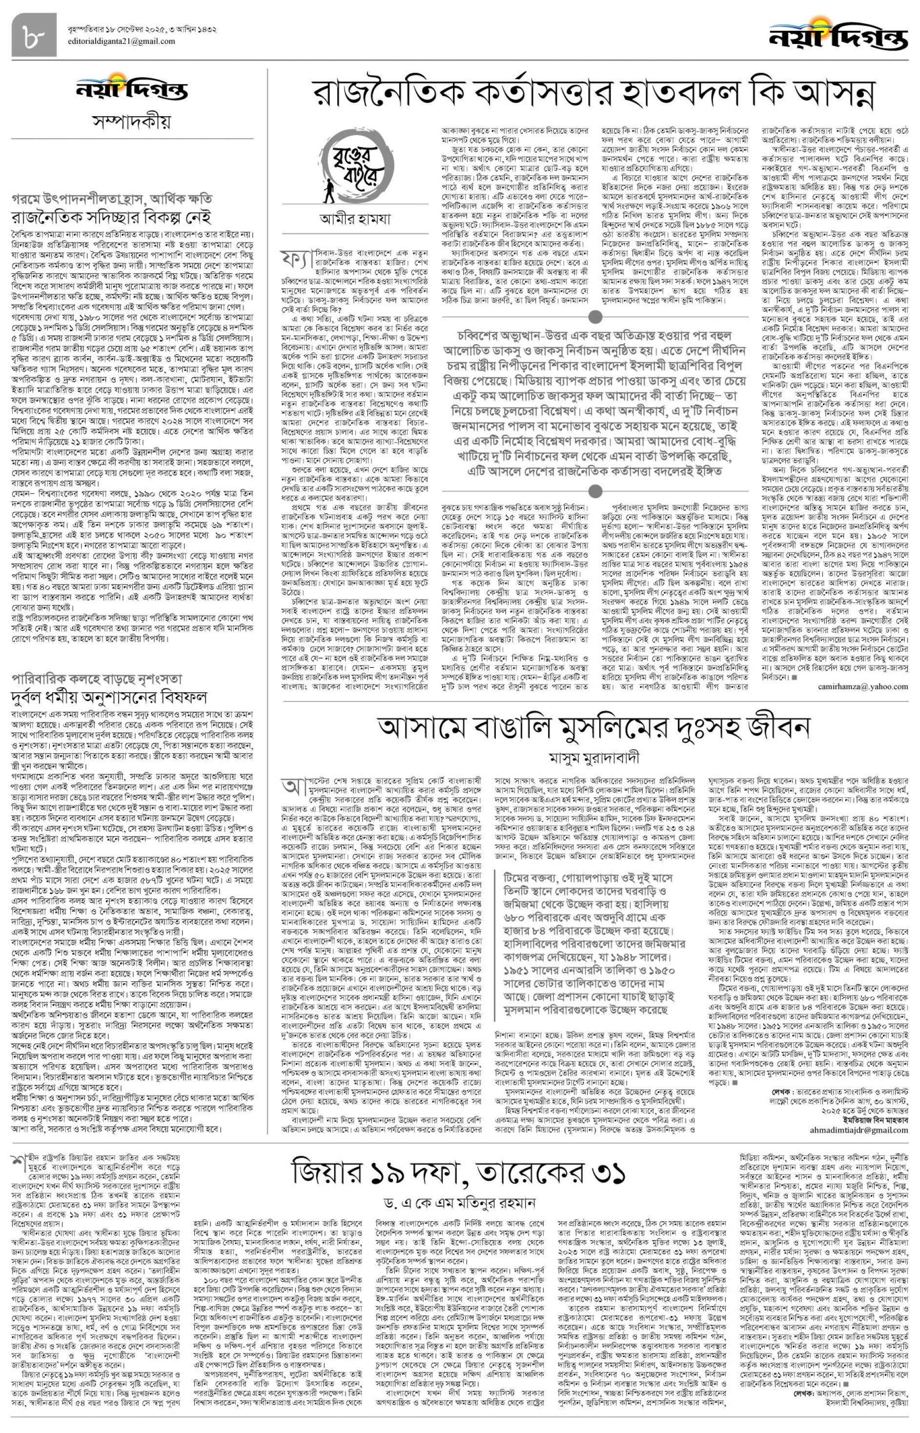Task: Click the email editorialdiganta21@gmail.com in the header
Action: tap(121, 41)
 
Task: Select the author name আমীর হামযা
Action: tap(354, 219)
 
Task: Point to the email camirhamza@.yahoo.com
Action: tap(862, 686)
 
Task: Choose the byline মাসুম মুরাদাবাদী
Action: tap(594, 758)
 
